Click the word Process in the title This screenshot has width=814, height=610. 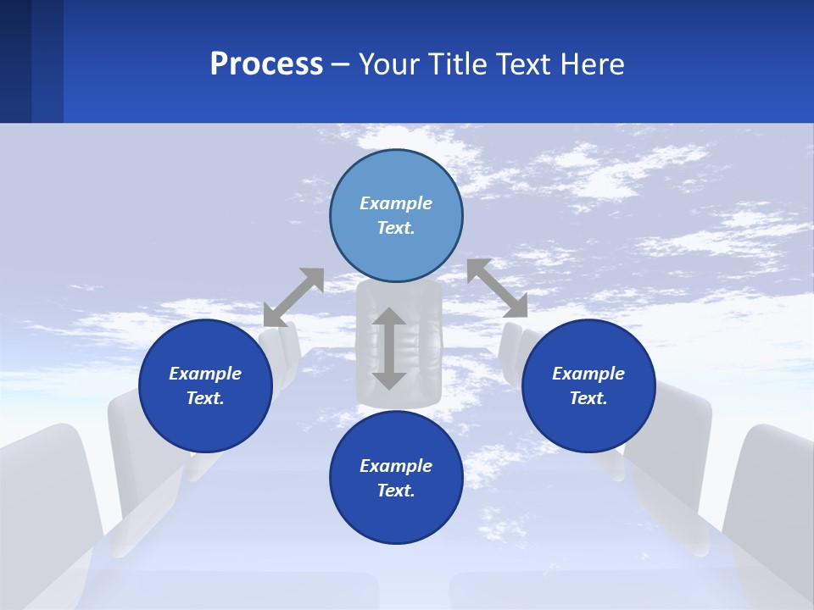[x=266, y=64]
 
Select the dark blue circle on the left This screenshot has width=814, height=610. [x=205, y=419]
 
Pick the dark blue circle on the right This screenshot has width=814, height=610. [x=588, y=419]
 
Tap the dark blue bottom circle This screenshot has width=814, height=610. [x=396, y=513]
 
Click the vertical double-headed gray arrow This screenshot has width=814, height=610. [x=389, y=348]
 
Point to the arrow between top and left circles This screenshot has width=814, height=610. [x=294, y=297]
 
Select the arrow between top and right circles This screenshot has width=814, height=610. [x=498, y=288]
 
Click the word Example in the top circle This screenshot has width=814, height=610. [x=396, y=203]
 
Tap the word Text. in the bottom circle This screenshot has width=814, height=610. [x=396, y=491]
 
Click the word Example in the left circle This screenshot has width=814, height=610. [x=205, y=374]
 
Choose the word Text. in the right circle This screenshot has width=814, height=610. [x=588, y=398]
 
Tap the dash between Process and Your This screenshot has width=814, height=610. [x=341, y=65]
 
